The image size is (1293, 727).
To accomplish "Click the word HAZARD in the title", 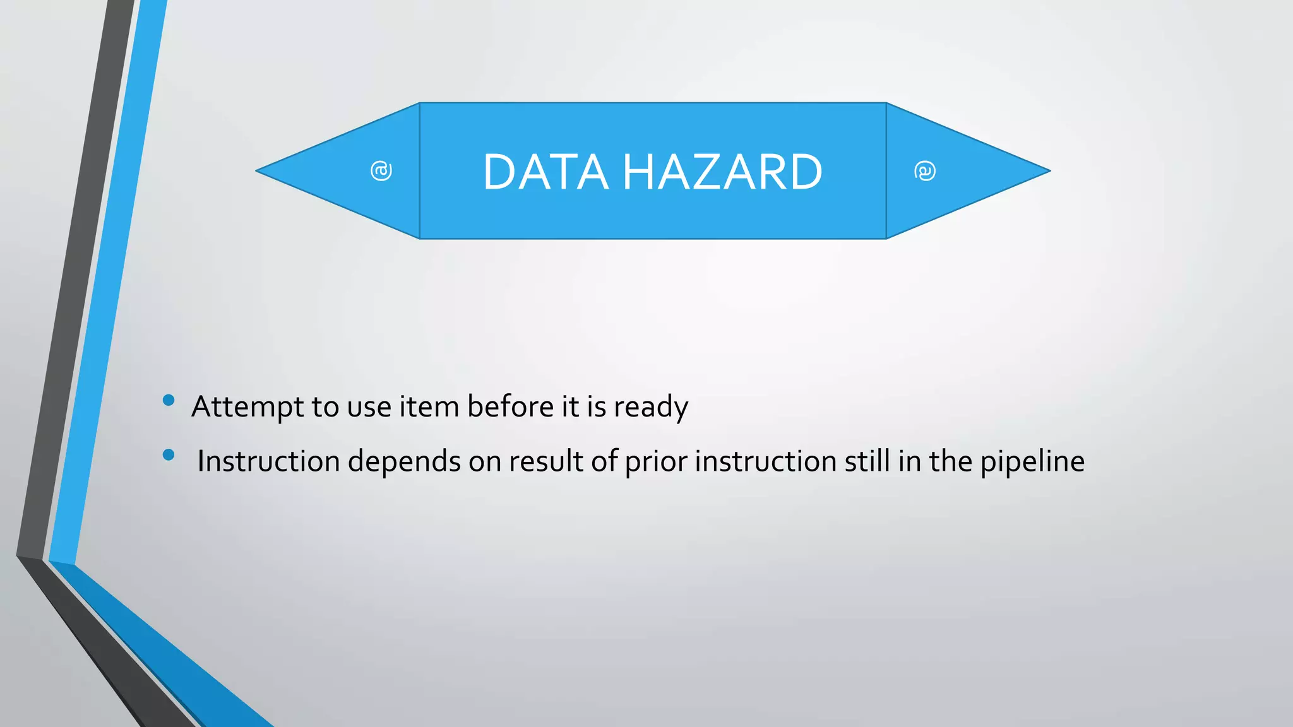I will pyautogui.click(x=723, y=172).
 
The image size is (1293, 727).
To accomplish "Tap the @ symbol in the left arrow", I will pyautogui.click(x=381, y=171).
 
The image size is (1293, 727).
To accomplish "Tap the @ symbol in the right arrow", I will pyautogui.click(x=925, y=171).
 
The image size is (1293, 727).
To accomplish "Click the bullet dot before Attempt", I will pyautogui.click(x=169, y=400).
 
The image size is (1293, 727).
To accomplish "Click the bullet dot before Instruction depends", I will pyautogui.click(x=169, y=454).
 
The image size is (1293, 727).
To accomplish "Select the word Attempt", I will pyautogui.click(x=247, y=407).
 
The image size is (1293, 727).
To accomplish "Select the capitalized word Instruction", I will pyautogui.click(x=268, y=461).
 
